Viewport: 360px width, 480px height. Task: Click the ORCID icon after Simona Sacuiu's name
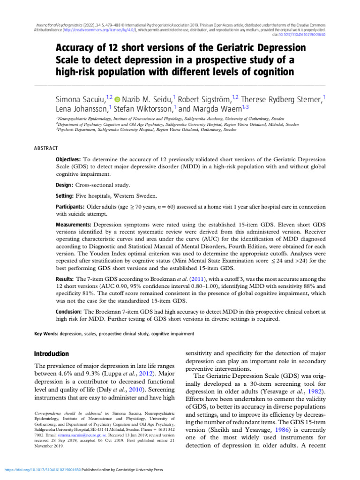point(117,99)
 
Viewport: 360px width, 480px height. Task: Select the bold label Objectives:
point(68,159)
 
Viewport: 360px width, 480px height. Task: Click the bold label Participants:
point(70,207)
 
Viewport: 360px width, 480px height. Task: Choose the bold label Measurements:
point(74,225)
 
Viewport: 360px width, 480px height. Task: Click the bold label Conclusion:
point(69,311)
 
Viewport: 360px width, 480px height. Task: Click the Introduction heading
point(52,354)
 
